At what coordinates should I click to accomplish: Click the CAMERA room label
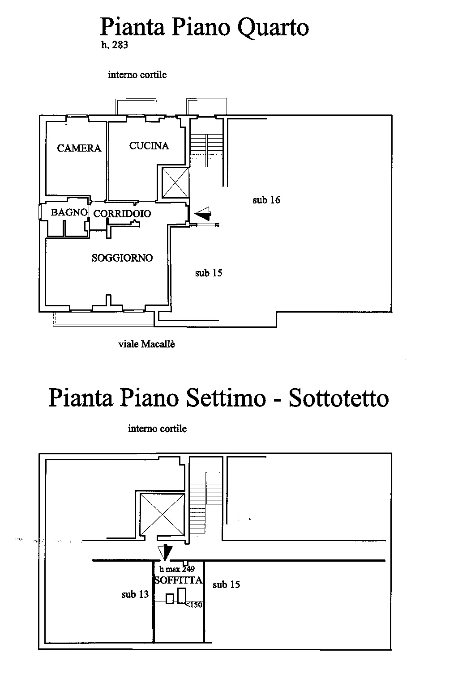[79, 148]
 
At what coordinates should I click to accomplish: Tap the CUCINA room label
[149, 146]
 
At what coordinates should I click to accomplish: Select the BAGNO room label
[69, 212]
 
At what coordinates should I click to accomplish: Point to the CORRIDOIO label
[122, 213]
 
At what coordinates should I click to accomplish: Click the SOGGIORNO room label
[122, 258]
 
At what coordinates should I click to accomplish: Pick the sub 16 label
[266, 200]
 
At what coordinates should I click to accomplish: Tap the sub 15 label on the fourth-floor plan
[209, 273]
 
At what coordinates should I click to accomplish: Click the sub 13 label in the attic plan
[135, 594]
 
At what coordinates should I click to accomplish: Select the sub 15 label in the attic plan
[226, 584]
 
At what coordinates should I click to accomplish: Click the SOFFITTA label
[178, 580]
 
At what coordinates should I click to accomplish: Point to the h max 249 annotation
[177, 569]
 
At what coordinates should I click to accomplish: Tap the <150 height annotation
[194, 605]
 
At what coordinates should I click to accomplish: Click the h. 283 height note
[115, 45]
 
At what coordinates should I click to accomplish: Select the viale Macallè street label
[146, 344]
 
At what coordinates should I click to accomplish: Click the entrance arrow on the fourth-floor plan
[203, 213]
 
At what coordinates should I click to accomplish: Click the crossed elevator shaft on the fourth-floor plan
[175, 182]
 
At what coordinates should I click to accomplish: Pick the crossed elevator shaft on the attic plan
[162, 514]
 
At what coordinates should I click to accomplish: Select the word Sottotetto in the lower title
[339, 398]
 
